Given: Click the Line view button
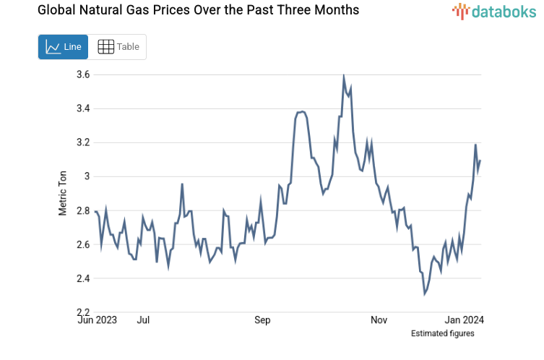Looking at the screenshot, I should click(x=63, y=47).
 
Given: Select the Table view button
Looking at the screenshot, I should click(x=118, y=47).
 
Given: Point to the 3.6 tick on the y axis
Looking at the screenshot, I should click(x=82, y=74).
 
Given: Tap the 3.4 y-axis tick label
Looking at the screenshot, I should click(x=82, y=108).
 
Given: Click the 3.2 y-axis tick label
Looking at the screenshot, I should click(x=82, y=142).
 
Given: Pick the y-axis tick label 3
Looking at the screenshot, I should click(x=86, y=176).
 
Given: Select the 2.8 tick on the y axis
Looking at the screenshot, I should click(x=82, y=210).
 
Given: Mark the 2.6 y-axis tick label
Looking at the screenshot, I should click(x=82, y=244).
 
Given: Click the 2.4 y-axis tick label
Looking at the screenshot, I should click(x=82, y=278).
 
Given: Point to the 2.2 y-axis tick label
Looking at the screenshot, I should click(x=82, y=312).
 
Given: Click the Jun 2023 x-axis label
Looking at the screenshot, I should click(x=97, y=319).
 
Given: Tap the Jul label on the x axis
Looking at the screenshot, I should click(x=144, y=319).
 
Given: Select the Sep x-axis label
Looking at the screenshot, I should click(x=262, y=319).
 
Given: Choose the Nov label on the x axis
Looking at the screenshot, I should click(x=379, y=319).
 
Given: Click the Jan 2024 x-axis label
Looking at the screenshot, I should click(x=464, y=319).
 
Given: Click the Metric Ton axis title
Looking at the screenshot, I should click(x=63, y=194).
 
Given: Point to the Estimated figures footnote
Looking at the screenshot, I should click(x=443, y=333).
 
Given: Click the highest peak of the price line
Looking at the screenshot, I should click(x=343, y=77).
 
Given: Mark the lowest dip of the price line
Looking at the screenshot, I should click(x=425, y=293).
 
